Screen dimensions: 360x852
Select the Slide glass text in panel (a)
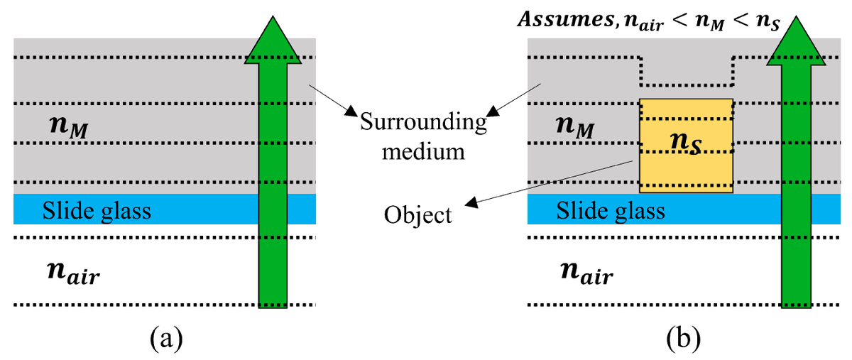pos(97,211)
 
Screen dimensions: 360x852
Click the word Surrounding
pos(424,123)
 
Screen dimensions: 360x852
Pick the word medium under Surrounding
pos(424,151)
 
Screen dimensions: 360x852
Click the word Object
pos(418,214)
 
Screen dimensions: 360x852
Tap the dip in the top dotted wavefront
pos(686,83)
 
